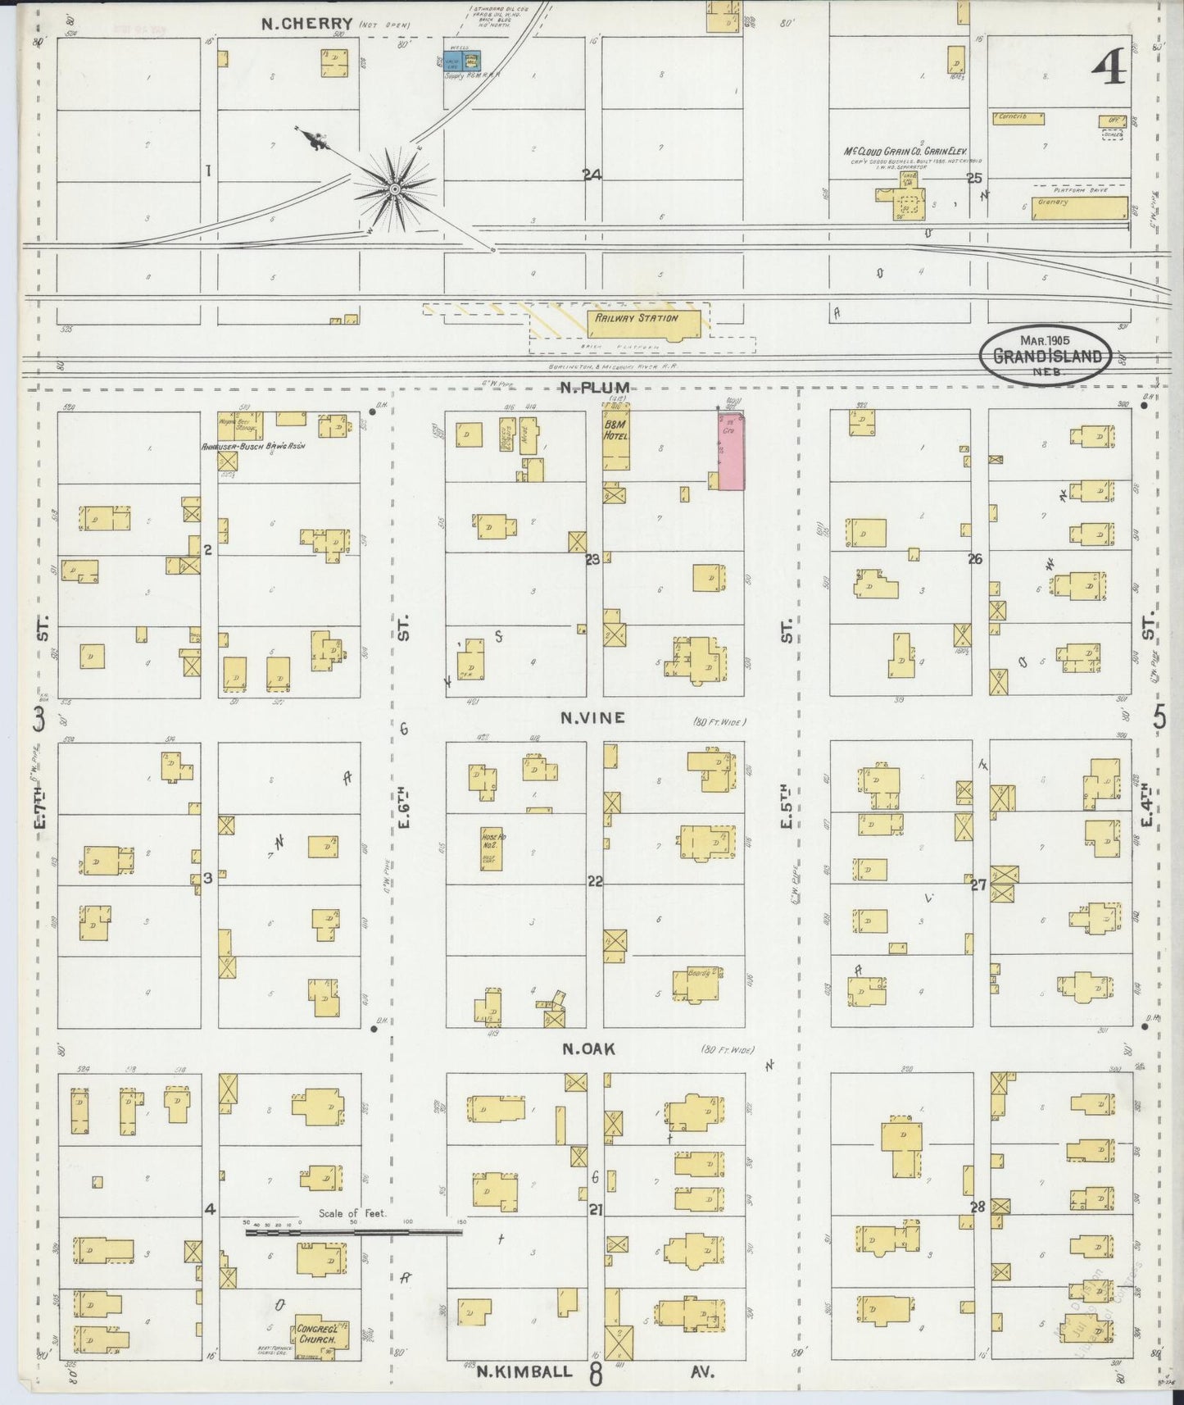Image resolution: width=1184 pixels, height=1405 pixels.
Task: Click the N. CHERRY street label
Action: [x=306, y=24]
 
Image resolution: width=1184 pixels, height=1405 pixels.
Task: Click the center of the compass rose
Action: [x=395, y=189]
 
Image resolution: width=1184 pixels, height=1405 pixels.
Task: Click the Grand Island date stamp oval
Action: [x=1047, y=354]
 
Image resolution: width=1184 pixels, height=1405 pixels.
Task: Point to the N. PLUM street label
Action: [x=594, y=387]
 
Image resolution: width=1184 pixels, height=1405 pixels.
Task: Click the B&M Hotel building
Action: [x=616, y=443]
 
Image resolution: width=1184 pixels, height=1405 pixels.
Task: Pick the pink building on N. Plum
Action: [x=731, y=451]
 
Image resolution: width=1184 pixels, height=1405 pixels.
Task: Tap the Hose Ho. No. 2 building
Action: [x=492, y=848]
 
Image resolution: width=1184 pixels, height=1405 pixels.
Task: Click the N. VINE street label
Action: [x=592, y=718]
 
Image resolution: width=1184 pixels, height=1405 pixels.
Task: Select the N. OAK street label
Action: [x=588, y=1048]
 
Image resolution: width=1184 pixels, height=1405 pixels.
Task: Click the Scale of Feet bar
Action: [x=353, y=1230]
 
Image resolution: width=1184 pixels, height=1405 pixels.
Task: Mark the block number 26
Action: [x=974, y=559]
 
